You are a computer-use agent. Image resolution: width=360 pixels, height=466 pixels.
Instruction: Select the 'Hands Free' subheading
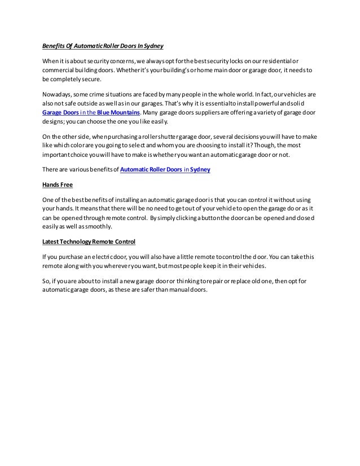(58, 184)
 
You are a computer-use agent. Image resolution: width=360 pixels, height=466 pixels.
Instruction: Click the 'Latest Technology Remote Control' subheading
(89, 242)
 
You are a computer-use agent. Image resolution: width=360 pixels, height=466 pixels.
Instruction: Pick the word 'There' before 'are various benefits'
(51, 169)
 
